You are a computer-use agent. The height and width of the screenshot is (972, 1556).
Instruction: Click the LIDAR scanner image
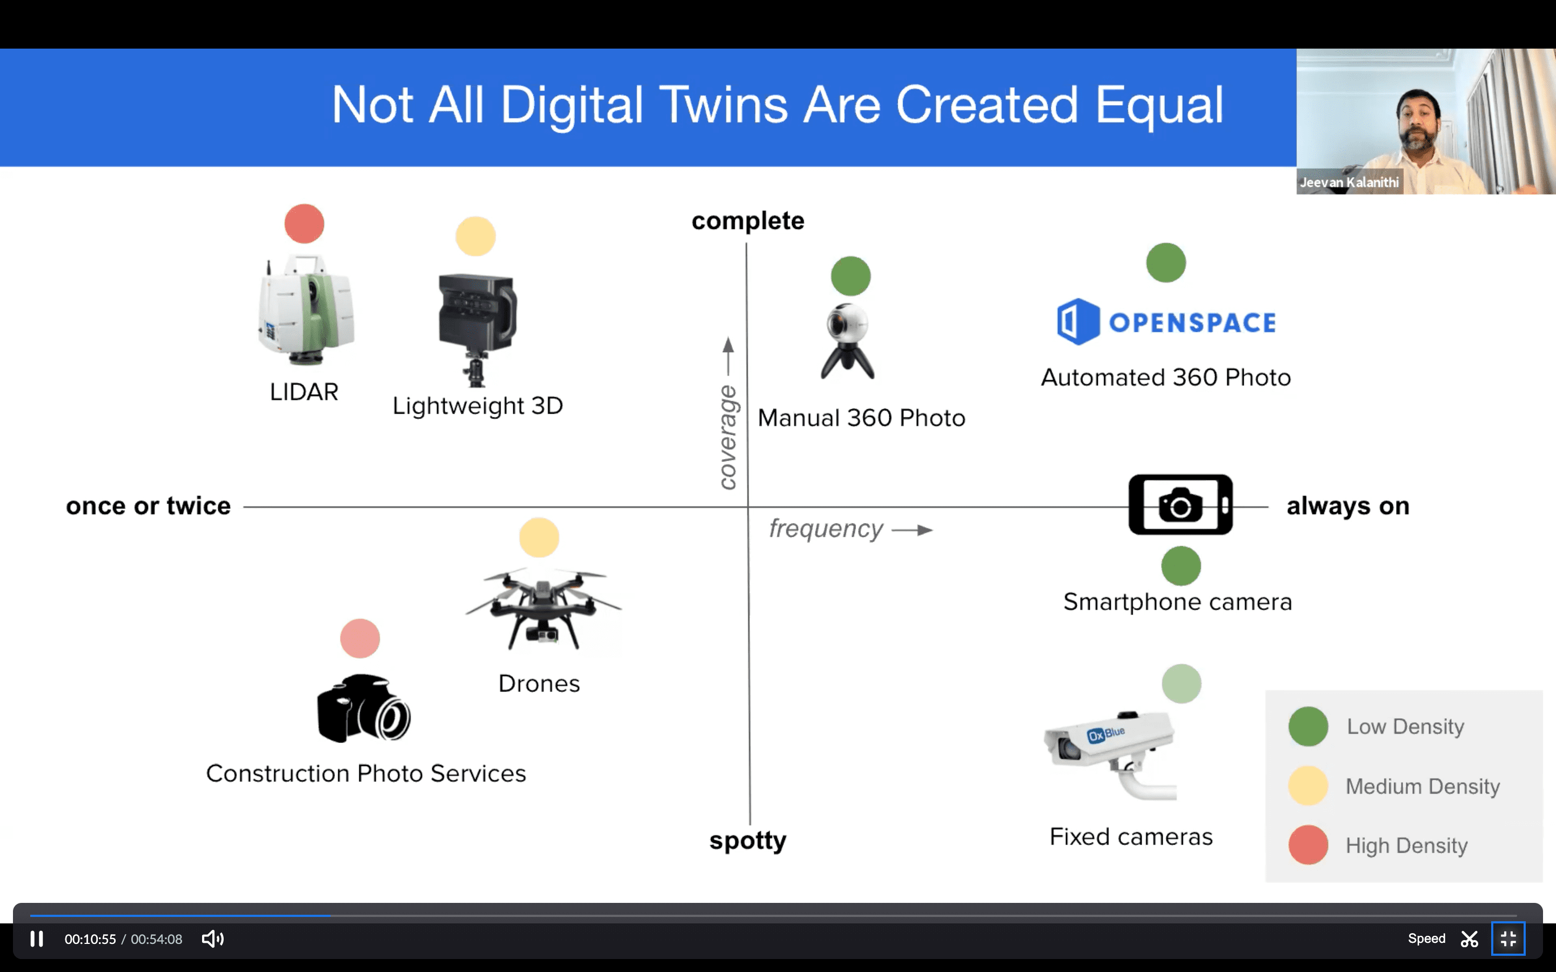305,310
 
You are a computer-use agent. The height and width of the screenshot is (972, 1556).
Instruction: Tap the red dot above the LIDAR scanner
304,224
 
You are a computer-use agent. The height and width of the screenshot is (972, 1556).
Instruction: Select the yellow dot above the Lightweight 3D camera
475,237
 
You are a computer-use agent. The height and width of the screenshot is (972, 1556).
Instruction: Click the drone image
542,608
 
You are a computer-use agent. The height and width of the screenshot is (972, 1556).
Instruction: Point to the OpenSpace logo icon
1078,321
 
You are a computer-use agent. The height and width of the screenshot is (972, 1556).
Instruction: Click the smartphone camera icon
1181,505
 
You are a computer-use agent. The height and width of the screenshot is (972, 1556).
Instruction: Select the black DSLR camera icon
363,708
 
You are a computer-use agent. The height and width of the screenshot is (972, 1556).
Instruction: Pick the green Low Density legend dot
1308,726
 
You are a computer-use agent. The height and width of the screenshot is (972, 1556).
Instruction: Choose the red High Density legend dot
1308,845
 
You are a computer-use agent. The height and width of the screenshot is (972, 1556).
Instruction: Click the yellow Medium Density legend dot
1308,786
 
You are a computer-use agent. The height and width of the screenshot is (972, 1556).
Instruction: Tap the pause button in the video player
37,939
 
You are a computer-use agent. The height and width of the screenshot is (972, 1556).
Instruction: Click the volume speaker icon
212,939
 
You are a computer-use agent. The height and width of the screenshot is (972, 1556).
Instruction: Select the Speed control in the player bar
1426,939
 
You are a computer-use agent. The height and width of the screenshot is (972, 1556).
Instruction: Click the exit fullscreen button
1508,939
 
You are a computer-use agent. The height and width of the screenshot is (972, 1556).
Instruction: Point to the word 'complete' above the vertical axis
748,220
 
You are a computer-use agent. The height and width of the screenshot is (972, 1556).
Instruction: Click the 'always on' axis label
1347,506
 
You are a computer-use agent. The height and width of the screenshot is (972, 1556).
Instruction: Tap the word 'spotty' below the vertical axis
748,841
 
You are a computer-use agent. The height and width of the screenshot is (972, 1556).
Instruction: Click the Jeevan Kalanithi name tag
1349,183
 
